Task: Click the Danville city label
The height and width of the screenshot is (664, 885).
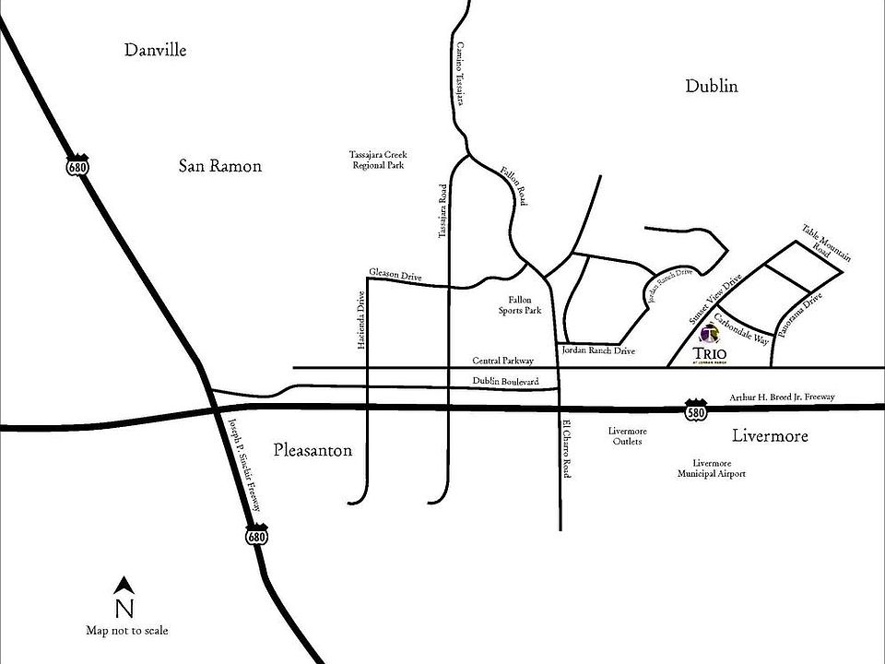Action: [x=155, y=50]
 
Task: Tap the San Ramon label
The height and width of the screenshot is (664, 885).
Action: [x=219, y=166]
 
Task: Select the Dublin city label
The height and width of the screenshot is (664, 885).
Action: [x=712, y=87]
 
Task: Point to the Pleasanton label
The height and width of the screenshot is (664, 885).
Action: [x=313, y=450]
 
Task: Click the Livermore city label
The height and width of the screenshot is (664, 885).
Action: [x=769, y=435]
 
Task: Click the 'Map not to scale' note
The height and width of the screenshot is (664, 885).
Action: [x=126, y=631]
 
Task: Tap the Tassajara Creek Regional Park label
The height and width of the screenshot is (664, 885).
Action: [x=377, y=160]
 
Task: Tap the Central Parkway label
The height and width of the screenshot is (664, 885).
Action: [x=502, y=362]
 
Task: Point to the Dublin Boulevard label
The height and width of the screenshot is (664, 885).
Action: [x=506, y=381]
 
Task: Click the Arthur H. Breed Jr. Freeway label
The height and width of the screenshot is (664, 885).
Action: [x=782, y=397]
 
